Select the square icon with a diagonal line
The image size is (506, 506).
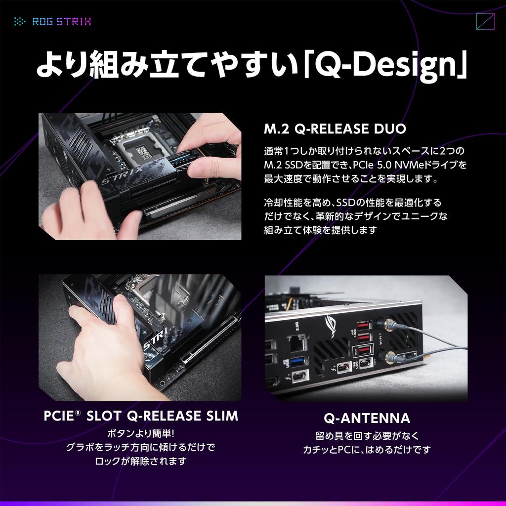click(x=485, y=22)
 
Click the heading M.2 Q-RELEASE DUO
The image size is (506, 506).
click(x=335, y=129)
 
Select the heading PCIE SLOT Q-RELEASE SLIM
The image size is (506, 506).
click(x=141, y=416)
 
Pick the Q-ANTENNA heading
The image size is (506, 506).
click(x=367, y=419)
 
